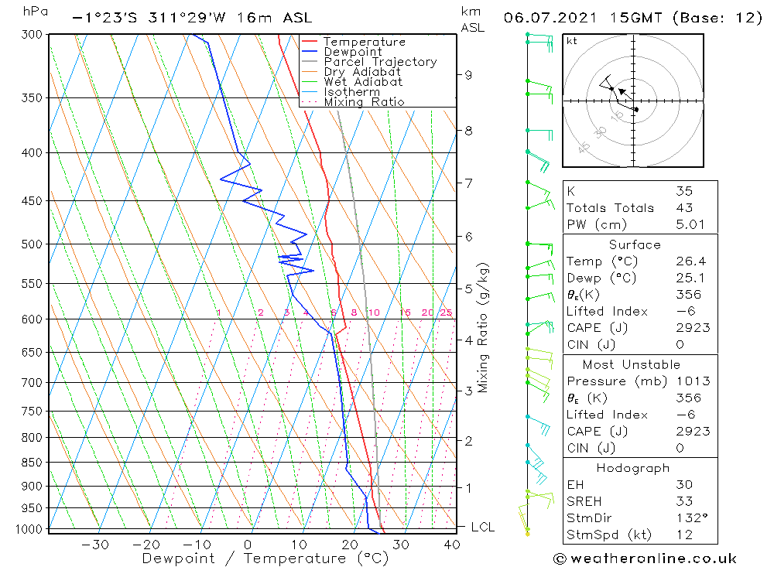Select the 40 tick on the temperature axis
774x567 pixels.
tap(452, 545)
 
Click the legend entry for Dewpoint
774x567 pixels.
tap(352, 52)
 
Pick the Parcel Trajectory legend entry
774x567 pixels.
tap(380, 62)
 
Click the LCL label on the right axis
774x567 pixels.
tap(483, 528)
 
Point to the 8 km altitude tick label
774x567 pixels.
tap(468, 131)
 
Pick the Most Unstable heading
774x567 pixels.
tap(631, 364)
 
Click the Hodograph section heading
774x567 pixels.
tap(633, 468)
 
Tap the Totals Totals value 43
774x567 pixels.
tap(684, 207)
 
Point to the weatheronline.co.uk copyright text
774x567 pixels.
tap(645, 558)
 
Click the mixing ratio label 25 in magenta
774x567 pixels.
tap(446, 313)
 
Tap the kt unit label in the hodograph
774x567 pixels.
tap(572, 41)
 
